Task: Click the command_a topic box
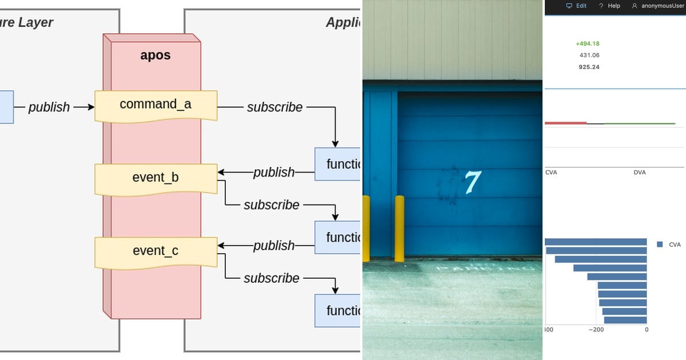point(155,105)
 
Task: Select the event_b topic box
point(155,178)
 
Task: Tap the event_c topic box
point(155,251)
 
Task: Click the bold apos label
point(155,55)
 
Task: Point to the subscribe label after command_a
point(274,107)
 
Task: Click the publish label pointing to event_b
point(274,172)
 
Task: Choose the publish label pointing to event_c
point(274,245)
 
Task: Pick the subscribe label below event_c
point(272,278)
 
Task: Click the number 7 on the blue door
point(472,182)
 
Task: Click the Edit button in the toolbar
point(577,6)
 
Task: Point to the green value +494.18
point(588,43)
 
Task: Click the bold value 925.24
point(589,67)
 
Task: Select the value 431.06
point(589,55)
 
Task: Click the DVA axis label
point(640,172)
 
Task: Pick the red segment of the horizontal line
point(565,122)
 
